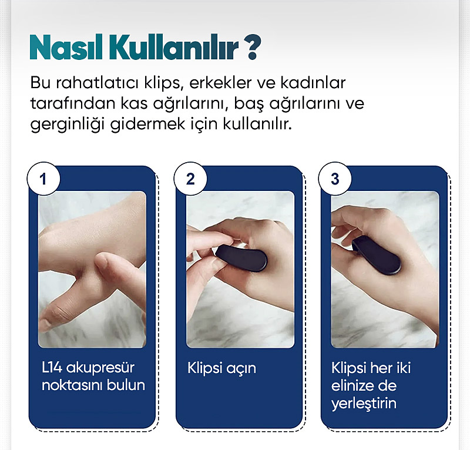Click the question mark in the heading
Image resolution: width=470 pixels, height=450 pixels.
[253, 48]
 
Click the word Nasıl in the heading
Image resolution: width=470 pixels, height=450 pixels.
[66, 48]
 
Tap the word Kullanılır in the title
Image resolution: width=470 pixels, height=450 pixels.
[173, 47]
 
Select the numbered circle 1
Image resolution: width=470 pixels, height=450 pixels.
[43, 179]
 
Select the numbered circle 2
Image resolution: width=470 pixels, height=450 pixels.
[190, 179]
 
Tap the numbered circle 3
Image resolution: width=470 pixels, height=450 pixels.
[335, 179]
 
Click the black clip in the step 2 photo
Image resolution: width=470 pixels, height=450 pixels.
[242, 258]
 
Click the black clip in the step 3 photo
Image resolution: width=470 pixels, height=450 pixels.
[376, 255]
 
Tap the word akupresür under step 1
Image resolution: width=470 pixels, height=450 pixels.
[100, 368]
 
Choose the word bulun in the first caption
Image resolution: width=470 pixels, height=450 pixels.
[126, 385]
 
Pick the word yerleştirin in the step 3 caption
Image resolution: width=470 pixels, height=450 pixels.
[364, 404]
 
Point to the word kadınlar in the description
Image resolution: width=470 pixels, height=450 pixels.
[313, 82]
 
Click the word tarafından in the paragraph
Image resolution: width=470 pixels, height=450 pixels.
[73, 103]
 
